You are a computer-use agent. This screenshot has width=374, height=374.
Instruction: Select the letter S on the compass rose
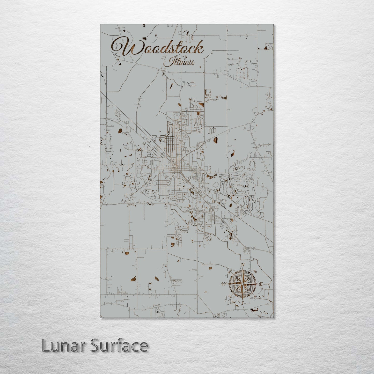[242, 303]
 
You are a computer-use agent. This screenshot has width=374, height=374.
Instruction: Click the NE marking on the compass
[255, 272]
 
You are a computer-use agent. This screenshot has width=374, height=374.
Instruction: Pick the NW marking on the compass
[229, 272]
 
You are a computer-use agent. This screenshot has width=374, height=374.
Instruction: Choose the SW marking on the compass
[230, 297]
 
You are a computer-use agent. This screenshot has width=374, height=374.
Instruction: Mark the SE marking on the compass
[255, 297]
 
